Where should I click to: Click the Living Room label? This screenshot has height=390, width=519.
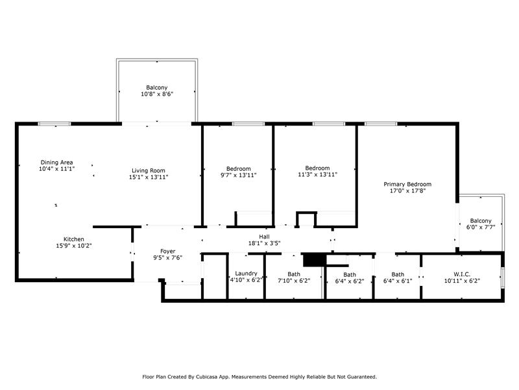149,171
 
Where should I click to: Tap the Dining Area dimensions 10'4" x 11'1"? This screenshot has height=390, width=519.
56,169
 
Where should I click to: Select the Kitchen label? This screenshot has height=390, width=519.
74,239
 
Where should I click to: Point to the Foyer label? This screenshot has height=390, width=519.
168,252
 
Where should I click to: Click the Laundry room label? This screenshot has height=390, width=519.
246,274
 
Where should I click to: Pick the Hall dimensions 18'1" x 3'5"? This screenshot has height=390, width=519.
265,243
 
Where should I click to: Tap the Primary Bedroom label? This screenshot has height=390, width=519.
407,184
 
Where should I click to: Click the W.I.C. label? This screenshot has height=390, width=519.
462,274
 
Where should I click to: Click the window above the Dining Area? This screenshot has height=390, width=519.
54,124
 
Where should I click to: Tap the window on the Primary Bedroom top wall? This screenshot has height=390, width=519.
381,124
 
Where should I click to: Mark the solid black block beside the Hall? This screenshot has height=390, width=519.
315,260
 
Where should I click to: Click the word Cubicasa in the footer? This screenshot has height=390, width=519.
207,377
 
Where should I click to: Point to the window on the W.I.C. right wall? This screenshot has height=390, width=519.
502,278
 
